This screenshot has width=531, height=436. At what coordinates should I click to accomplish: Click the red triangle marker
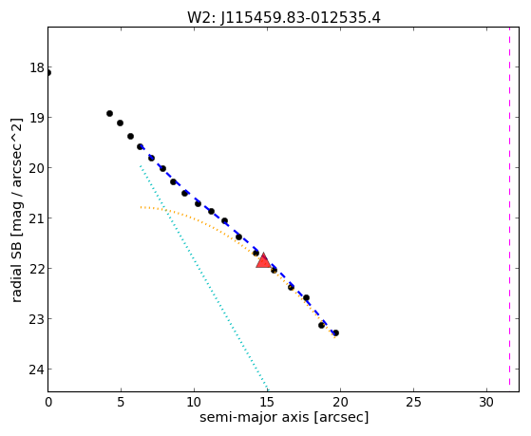tap(263, 261)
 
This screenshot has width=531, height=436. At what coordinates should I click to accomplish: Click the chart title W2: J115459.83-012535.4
tap(284, 18)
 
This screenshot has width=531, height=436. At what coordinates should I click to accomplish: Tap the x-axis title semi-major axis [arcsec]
tap(284, 417)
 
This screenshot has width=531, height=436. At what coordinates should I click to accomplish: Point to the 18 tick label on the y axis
tap(37, 67)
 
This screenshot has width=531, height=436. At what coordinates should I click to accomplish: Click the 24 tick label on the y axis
tap(37, 370)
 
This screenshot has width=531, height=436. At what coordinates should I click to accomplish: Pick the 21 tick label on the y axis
tap(37, 218)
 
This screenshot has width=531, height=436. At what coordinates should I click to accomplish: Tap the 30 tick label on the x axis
tap(486, 402)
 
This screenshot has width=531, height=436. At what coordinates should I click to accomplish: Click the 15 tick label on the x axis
tap(268, 402)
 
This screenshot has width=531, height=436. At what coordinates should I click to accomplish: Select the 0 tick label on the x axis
tap(48, 402)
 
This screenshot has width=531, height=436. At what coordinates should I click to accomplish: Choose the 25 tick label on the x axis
tap(413, 402)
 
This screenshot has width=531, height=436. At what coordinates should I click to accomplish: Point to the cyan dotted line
tap(204, 277)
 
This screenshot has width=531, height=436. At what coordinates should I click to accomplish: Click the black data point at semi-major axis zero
tap(48, 72)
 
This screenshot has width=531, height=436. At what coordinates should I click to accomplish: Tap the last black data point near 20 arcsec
tap(335, 333)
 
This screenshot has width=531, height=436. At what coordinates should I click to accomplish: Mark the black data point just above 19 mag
tap(109, 113)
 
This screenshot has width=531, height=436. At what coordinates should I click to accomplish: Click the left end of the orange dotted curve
tap(141, 207)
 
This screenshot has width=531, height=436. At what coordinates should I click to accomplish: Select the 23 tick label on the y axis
tap(37, 319)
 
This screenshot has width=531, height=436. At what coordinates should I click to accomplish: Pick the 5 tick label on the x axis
tap(121, 402)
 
